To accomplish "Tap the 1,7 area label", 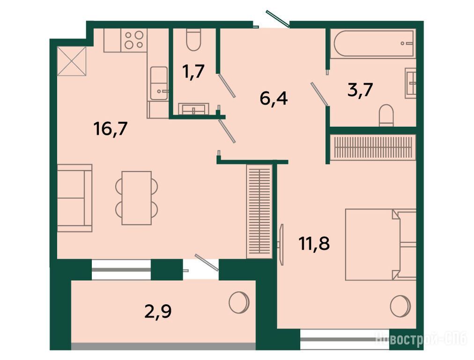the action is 193,72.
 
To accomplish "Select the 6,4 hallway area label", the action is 274,98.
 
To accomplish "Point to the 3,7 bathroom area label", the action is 360,90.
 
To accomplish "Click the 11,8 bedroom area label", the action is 314,244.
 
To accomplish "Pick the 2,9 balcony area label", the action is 158,311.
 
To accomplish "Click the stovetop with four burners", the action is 134,40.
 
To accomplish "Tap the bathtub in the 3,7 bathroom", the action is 373,43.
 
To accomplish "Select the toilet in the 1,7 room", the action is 193,40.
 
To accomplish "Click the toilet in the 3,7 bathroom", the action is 386,116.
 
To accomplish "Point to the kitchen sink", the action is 159,83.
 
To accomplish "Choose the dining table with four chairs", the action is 137,198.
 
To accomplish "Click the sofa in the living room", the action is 74,198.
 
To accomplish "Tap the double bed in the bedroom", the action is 381,244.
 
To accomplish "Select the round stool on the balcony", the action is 239,302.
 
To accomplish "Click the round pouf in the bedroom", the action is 400,306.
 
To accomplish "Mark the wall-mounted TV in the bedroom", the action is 281,244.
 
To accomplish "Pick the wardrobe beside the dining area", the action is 259,211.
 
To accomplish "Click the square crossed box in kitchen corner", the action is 72,61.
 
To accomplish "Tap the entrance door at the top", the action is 278,19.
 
